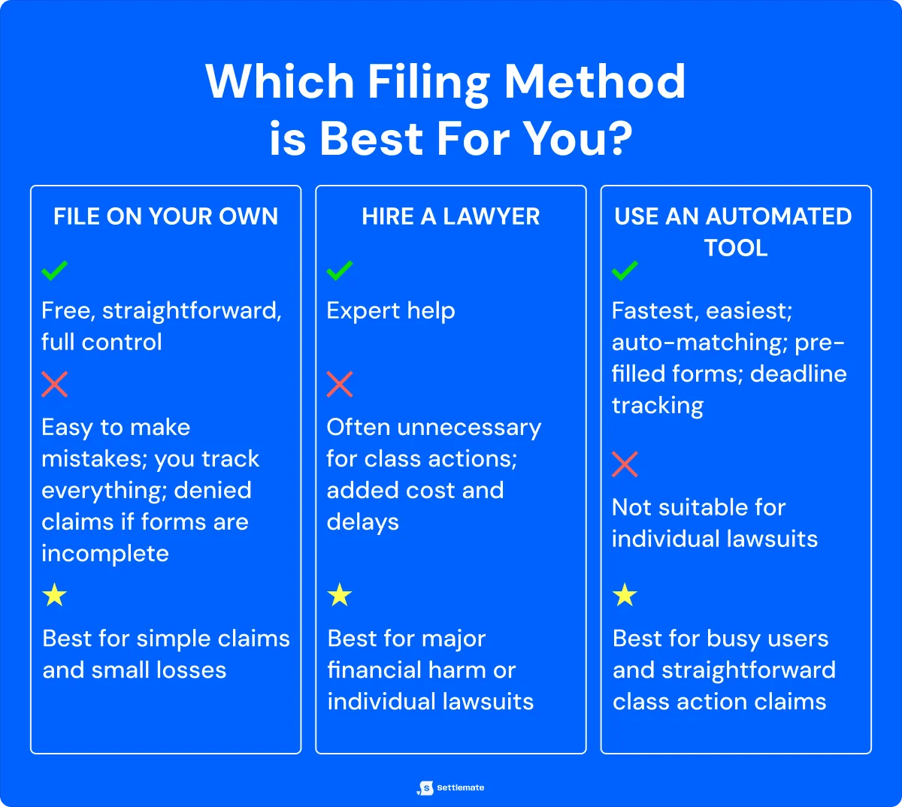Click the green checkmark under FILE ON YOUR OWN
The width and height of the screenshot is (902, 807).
pyautogui.click(x=55, y=270)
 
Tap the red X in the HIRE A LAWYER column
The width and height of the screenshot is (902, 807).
pyautogui.click(x=340, y=385)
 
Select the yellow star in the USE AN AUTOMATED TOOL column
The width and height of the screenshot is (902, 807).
pyautogui.click(x=625, y=596)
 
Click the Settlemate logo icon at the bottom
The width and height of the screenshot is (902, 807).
pyautogui.click(x=426, y=787)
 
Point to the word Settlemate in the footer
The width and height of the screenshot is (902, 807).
pyautogui.click(x=460, y=787)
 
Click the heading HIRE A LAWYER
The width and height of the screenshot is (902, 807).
pyautogui.click(x=450, y=217)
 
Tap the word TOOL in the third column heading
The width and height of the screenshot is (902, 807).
pyautogui.click(x=736, y=248)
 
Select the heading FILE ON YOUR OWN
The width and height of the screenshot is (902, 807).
pyautogui.click(x=165, y=217)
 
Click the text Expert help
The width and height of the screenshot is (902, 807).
pyautogui.click(x=391, y=311)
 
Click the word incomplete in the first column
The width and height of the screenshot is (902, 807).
pyautogui.click(x=105, y=554)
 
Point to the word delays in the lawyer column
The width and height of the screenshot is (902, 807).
pyautogui.click(x=362, y=522)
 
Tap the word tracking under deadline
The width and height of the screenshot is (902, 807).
pyautogui.click(x=658, y=406)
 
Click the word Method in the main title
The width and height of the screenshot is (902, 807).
pyautogui.click(x=595, y=81)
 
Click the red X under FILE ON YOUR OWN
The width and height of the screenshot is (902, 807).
pyautogui.click(x=55, y=385)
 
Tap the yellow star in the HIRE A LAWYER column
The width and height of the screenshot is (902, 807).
pyautogui.click(x=340, y=596)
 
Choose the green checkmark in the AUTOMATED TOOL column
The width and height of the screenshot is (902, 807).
pyautogui.click(x=625, y=271)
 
